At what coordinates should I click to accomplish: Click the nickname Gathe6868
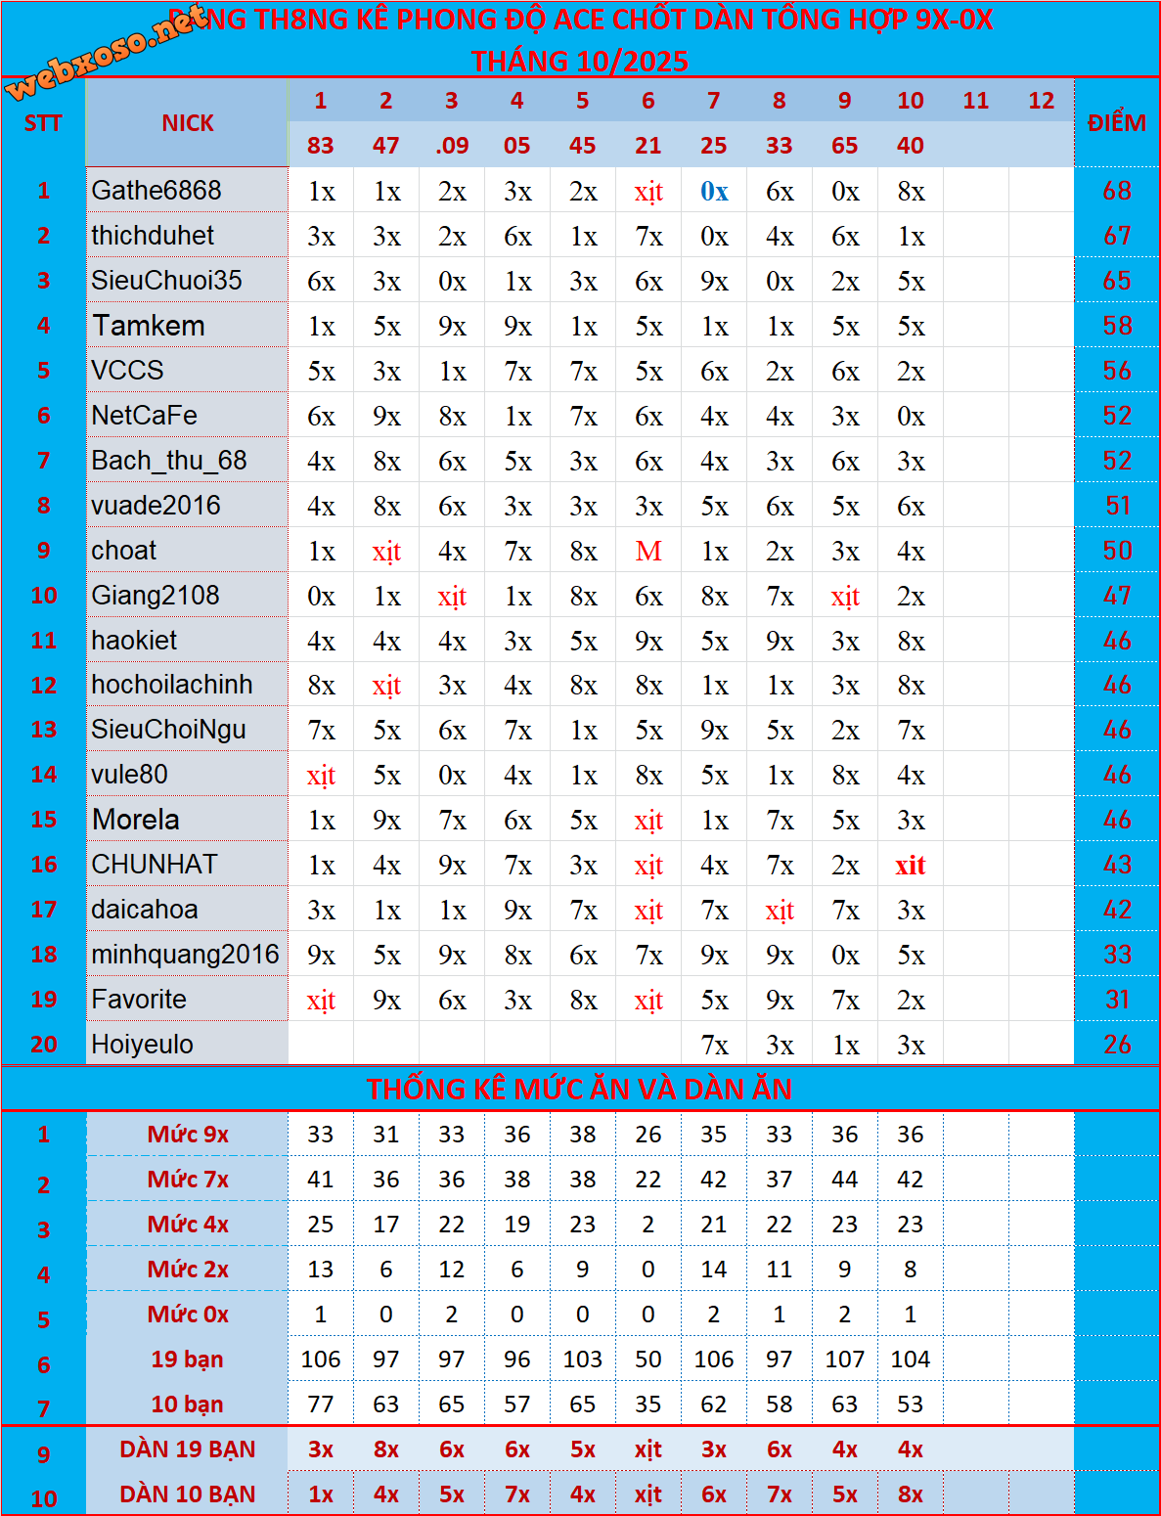tap(156, 190)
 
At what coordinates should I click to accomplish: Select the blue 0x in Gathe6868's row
tap(714, 192)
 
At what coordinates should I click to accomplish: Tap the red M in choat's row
tap(648, 552)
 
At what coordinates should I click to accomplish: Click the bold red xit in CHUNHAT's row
tap(910, 866)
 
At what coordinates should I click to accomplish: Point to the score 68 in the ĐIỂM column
tap(1117, 191)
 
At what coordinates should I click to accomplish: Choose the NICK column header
tap(188, 123)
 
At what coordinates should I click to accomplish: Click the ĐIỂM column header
tap(1117, 123)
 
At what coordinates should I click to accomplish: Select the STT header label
tap(43, 123)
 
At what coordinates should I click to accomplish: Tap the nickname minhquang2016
tap(185, 955)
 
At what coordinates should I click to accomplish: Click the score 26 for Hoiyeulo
tap(1117, 1045)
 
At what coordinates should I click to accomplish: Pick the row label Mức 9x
tap(188, 1135)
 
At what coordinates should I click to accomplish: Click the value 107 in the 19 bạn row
tap(844, 1360)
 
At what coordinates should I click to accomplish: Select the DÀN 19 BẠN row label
tap(188, 1449)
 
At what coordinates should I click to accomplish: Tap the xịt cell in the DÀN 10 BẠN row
tap(647, 1494)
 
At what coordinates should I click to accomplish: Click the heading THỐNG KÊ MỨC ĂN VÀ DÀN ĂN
tap(580, 1089)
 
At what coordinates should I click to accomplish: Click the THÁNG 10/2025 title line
tap(580, 62)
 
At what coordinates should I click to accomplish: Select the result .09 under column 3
tap(452, 146)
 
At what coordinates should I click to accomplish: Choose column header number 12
tap(1042, 101)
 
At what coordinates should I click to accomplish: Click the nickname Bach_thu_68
tap(169, 460)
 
